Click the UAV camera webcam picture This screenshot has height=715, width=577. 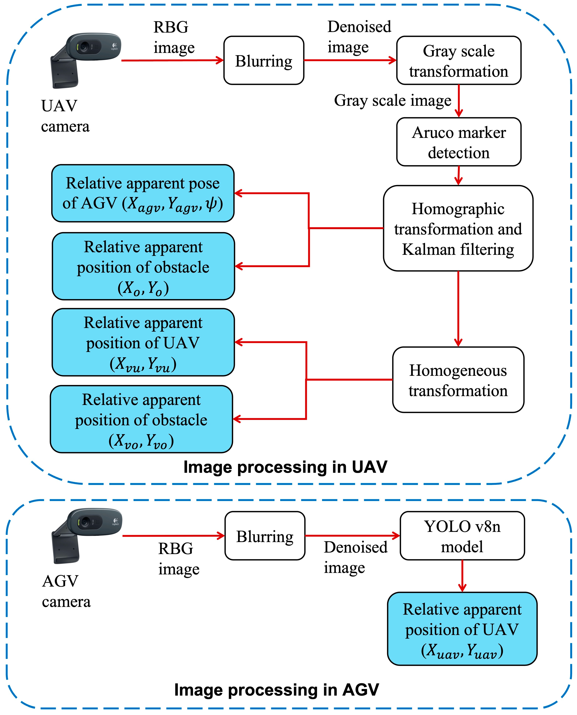(x=85, y=60)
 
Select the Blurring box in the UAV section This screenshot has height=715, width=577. (x=264, y=60)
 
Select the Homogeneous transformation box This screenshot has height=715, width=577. (x=458, y=380)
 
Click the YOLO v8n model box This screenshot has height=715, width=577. (x=462, y=536)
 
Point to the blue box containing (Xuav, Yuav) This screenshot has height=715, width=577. (x=462, y=629)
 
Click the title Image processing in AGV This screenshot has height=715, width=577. (x=277, y=690)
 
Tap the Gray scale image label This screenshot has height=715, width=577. (x=393, y=100)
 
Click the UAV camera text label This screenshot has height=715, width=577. (x=65, y=116)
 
